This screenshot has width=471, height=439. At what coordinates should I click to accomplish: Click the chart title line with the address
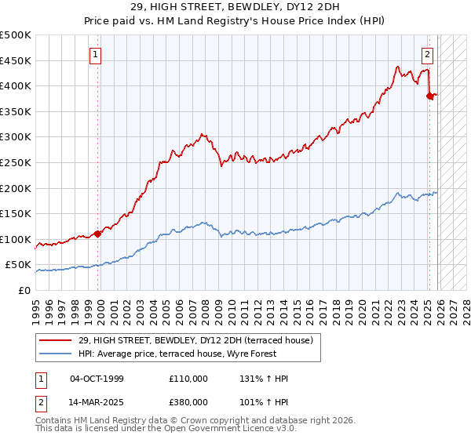235,7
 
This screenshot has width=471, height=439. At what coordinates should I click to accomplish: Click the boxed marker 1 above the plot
96,55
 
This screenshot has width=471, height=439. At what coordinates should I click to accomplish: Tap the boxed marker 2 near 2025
427,55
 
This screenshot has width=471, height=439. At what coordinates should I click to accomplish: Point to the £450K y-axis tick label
16,60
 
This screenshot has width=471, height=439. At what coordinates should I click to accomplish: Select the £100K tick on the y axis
16,239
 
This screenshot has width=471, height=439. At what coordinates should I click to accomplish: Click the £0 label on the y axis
25,290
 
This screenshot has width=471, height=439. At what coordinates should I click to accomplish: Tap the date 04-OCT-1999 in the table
97,379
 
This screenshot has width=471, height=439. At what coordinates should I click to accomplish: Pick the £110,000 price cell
188,379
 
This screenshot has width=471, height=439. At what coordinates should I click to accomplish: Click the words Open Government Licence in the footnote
210,429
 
